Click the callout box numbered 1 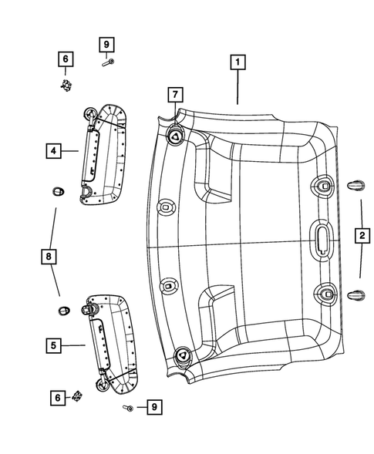(238, 61)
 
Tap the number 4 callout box (53, 151)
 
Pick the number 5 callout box (53, 346)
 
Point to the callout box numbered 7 (175, 95)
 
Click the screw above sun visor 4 (109, 63)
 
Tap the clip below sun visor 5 (77, 398)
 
